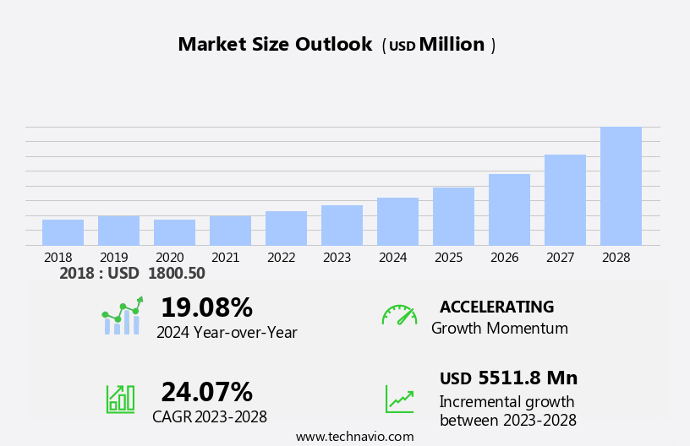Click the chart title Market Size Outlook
275,45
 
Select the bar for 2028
621,186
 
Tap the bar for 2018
63,232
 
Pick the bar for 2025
453,216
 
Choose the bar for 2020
174,232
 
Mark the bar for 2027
565,200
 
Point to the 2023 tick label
337,258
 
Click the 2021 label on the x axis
225,258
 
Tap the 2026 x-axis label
504,258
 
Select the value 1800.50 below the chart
176,274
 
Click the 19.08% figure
206,307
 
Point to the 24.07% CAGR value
206,392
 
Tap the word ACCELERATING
496,307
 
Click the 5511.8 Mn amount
528,378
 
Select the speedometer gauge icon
399,315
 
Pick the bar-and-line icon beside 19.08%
122,316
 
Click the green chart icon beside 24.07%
120,398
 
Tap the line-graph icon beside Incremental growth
399,399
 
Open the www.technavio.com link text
354,437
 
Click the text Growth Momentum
499,329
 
